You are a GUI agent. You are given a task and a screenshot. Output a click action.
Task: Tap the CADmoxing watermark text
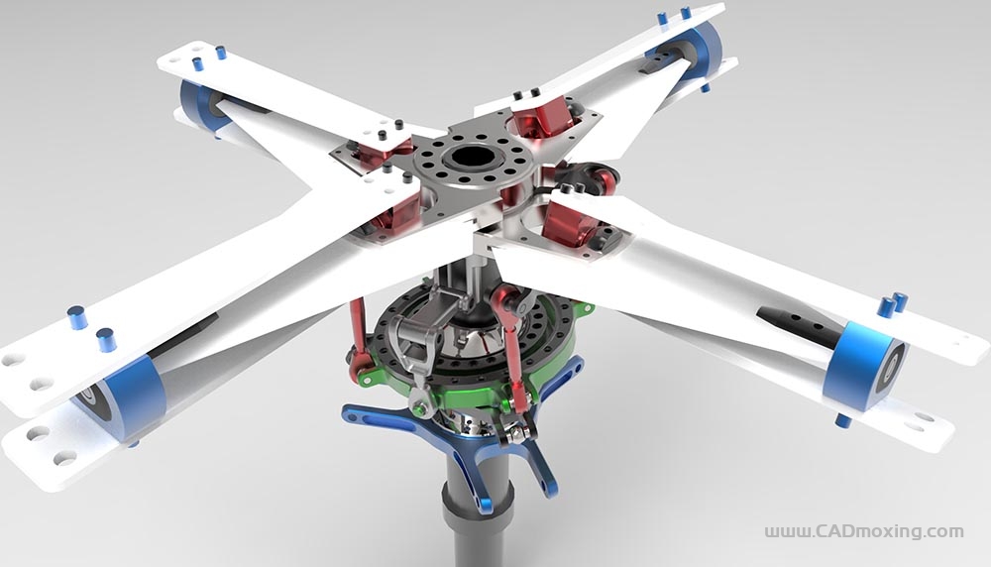coord(864,531)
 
